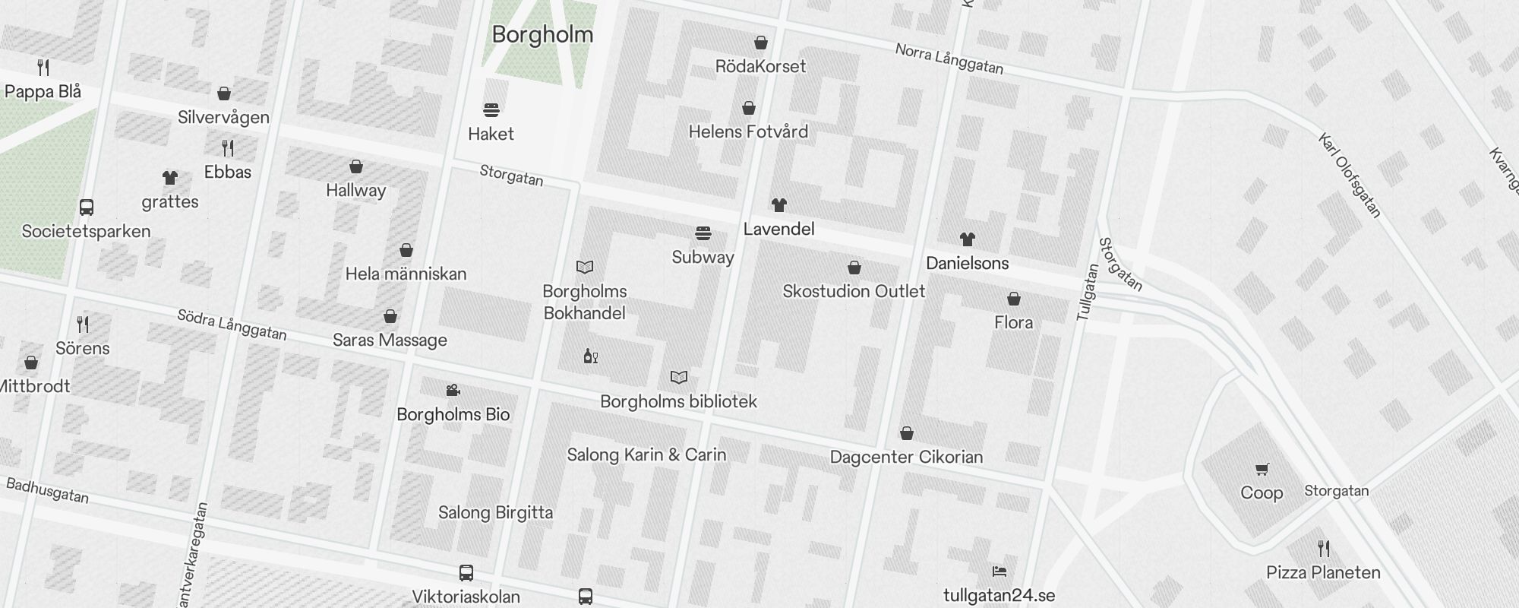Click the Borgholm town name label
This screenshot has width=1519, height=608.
click(x=542, y=34)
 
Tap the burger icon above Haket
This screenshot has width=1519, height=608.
click(x=491, y=110)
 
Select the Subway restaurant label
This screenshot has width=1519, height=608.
click(x=703, y=257)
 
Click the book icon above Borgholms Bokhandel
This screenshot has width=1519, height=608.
click(x=584, y=267)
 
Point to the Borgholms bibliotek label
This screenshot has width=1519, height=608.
click(x=678, y=401)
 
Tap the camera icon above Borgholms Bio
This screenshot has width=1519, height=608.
click(x=453, y=391)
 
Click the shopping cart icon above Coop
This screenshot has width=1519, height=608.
click(x=1262, y=470)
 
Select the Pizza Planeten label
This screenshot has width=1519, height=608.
click(x=1323, y=572)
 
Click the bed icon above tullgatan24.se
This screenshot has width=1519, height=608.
click(x=999, y=572)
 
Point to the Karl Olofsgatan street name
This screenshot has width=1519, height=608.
click(x=1349, y=176)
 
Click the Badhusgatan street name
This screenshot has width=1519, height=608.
click(x=47, y=490)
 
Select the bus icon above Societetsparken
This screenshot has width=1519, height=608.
click(x=87, y=207)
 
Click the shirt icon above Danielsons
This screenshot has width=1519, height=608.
click(x=967, y=239)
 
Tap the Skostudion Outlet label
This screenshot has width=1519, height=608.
click(x=854, y=291)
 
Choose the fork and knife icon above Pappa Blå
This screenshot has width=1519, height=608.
click(x=43, y=68)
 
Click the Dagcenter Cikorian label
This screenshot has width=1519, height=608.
click(x=906, y=457)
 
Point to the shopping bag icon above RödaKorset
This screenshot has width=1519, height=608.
click(x=760, y=43)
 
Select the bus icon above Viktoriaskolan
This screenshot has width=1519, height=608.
click(x=466, y=573)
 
